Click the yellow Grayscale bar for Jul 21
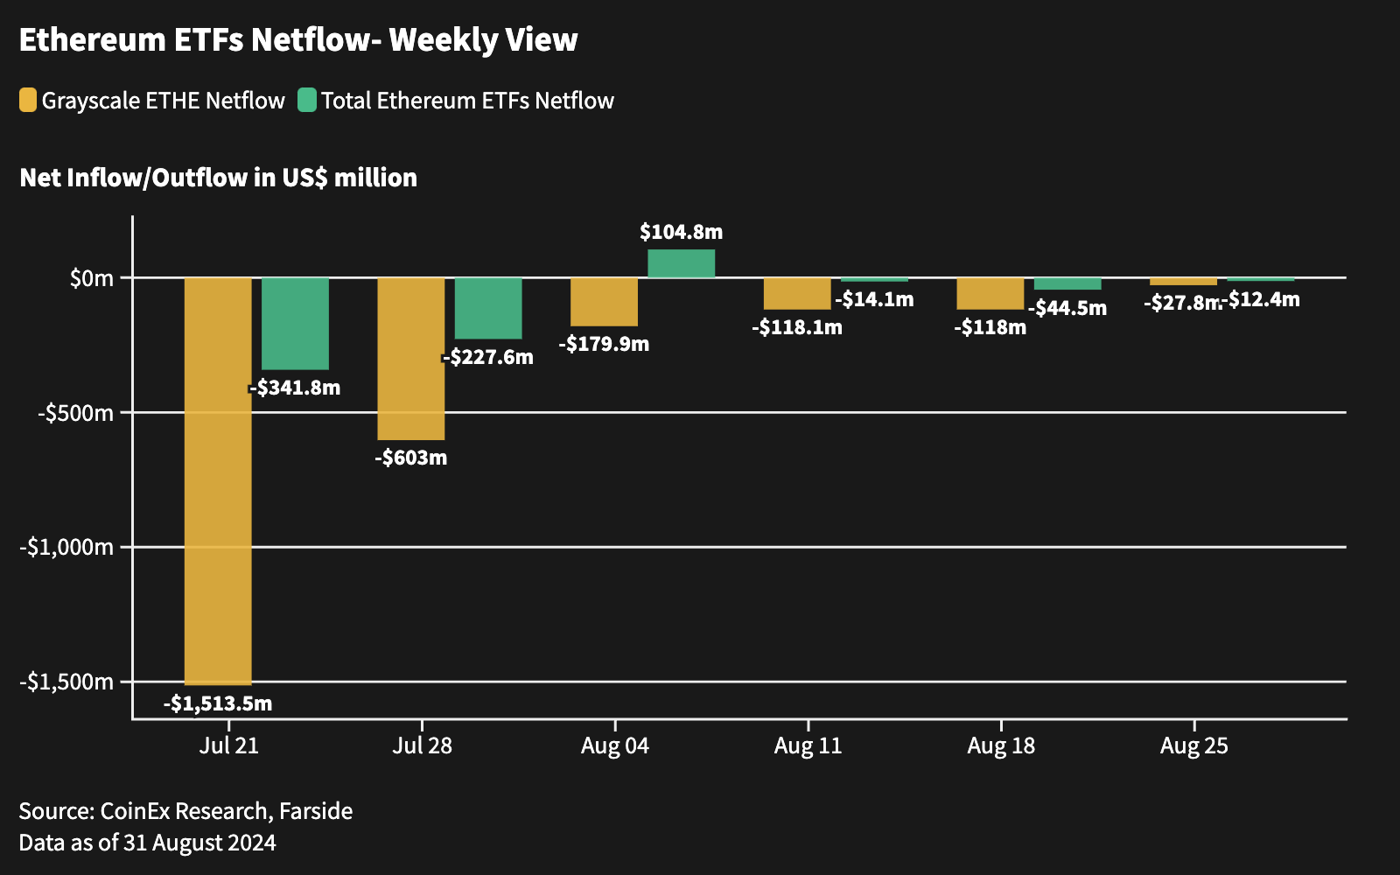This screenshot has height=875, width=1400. [x=218, y=481]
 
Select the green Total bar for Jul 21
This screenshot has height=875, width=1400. [x=295, y=323]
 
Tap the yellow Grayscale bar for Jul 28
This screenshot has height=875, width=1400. [x=410, y=359]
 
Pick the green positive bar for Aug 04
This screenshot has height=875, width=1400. [x=681, y=263]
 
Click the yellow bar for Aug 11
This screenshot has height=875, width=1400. [x=797, y=293]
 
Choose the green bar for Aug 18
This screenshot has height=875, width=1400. [x=1067, y=283]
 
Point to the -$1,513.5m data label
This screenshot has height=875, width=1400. [x=218, y=703]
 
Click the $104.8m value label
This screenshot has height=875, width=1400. [x=681, y=232]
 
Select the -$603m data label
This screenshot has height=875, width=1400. [x=410, y=458]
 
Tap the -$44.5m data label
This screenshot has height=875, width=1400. [x=1067, y=308]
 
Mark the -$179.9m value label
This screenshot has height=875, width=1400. [x=604, y=344]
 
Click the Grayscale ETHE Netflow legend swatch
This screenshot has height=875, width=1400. [x=28, y=101]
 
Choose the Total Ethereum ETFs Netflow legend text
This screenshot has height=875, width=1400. [x=467, y=101]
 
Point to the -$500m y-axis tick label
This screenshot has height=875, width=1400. [x=76, y=412]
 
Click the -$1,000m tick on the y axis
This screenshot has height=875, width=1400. [x=67, y=547]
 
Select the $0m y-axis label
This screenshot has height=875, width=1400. [x=92, y=278]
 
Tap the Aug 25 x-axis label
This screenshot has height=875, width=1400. [x=1193, y=745]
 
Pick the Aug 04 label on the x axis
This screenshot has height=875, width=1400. [x=615, y=745]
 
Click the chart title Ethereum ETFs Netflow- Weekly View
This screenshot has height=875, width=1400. [x=298, y=40]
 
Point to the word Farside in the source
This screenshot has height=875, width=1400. [x=316, y=811]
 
